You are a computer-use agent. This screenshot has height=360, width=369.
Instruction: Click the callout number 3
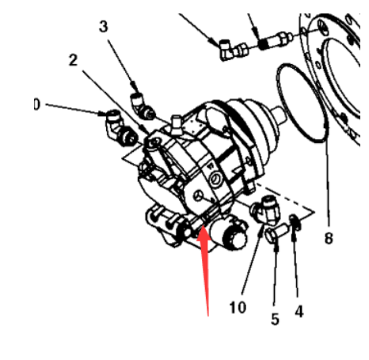tap(104, 27)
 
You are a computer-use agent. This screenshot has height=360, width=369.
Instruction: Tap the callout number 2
tap(73, 60)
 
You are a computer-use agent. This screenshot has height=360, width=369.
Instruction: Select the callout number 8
tap(329, 238)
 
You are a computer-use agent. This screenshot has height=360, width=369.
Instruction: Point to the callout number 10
tap(238, 307)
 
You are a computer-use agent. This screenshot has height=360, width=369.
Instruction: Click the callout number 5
tap(275, 319)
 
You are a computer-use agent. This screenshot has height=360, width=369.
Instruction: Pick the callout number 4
tap(299, 312)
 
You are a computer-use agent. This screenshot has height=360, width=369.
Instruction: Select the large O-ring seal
tap(302, 103)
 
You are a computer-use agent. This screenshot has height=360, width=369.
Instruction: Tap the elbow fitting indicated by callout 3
tap(142, 106)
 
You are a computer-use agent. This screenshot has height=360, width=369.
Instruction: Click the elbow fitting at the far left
tap(121, 128)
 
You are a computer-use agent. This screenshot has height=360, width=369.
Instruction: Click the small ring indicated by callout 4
tap(295, 222)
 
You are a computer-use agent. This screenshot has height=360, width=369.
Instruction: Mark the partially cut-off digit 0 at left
tap(36, 104)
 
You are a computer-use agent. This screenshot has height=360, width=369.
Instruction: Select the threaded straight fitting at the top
tap(276, 40)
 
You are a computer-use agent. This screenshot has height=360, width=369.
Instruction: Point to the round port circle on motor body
tap(215, 179)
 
